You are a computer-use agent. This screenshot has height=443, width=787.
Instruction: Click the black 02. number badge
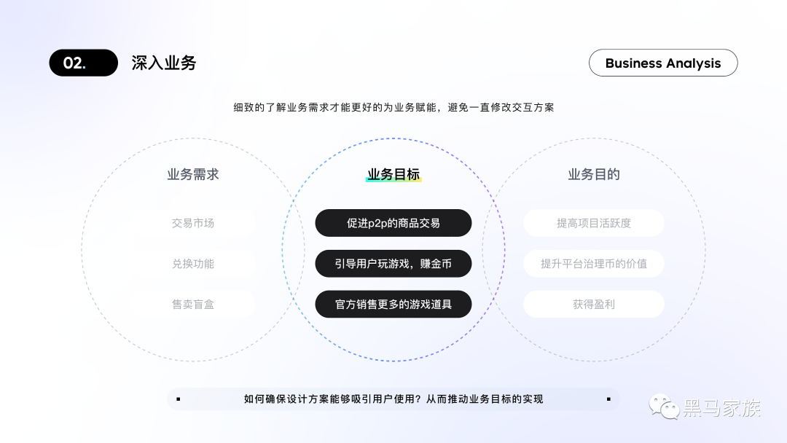tap(83, 63)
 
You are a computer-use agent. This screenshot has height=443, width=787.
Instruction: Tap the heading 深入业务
tap(164, 63)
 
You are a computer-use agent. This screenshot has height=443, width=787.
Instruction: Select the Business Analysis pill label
tap(662, 63)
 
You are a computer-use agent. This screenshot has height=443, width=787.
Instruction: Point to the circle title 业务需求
tap(193, 175)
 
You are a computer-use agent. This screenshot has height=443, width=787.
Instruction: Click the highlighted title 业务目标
tap(393, 175)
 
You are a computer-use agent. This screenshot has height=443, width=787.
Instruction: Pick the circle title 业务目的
tap(594, 175)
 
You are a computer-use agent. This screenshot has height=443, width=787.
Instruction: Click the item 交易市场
tap(193, 223)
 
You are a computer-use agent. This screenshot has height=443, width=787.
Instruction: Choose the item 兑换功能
tap(193, 264)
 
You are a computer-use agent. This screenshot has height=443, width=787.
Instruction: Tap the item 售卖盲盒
tap(193, 304)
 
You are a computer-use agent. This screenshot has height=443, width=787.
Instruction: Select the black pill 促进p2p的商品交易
tap(393, 223)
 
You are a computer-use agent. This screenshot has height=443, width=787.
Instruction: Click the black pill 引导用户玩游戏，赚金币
tap(393, 264)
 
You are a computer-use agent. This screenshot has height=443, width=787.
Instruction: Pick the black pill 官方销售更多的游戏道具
tap(393, 304)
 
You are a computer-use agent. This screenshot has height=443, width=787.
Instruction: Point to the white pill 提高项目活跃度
tap(594, 223)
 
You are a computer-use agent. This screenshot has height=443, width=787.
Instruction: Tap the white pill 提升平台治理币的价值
tap(594, 264)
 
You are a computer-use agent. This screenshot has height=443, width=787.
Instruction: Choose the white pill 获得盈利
tap(594, 304)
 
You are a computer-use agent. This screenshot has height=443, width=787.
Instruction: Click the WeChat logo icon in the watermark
tap(664, 407)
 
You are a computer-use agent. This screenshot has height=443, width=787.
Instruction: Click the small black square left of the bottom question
tap(179, 399)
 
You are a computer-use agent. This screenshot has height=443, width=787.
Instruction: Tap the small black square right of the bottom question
tap(608, 399)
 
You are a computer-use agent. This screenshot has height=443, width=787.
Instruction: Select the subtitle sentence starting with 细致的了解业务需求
tap(393, 107)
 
